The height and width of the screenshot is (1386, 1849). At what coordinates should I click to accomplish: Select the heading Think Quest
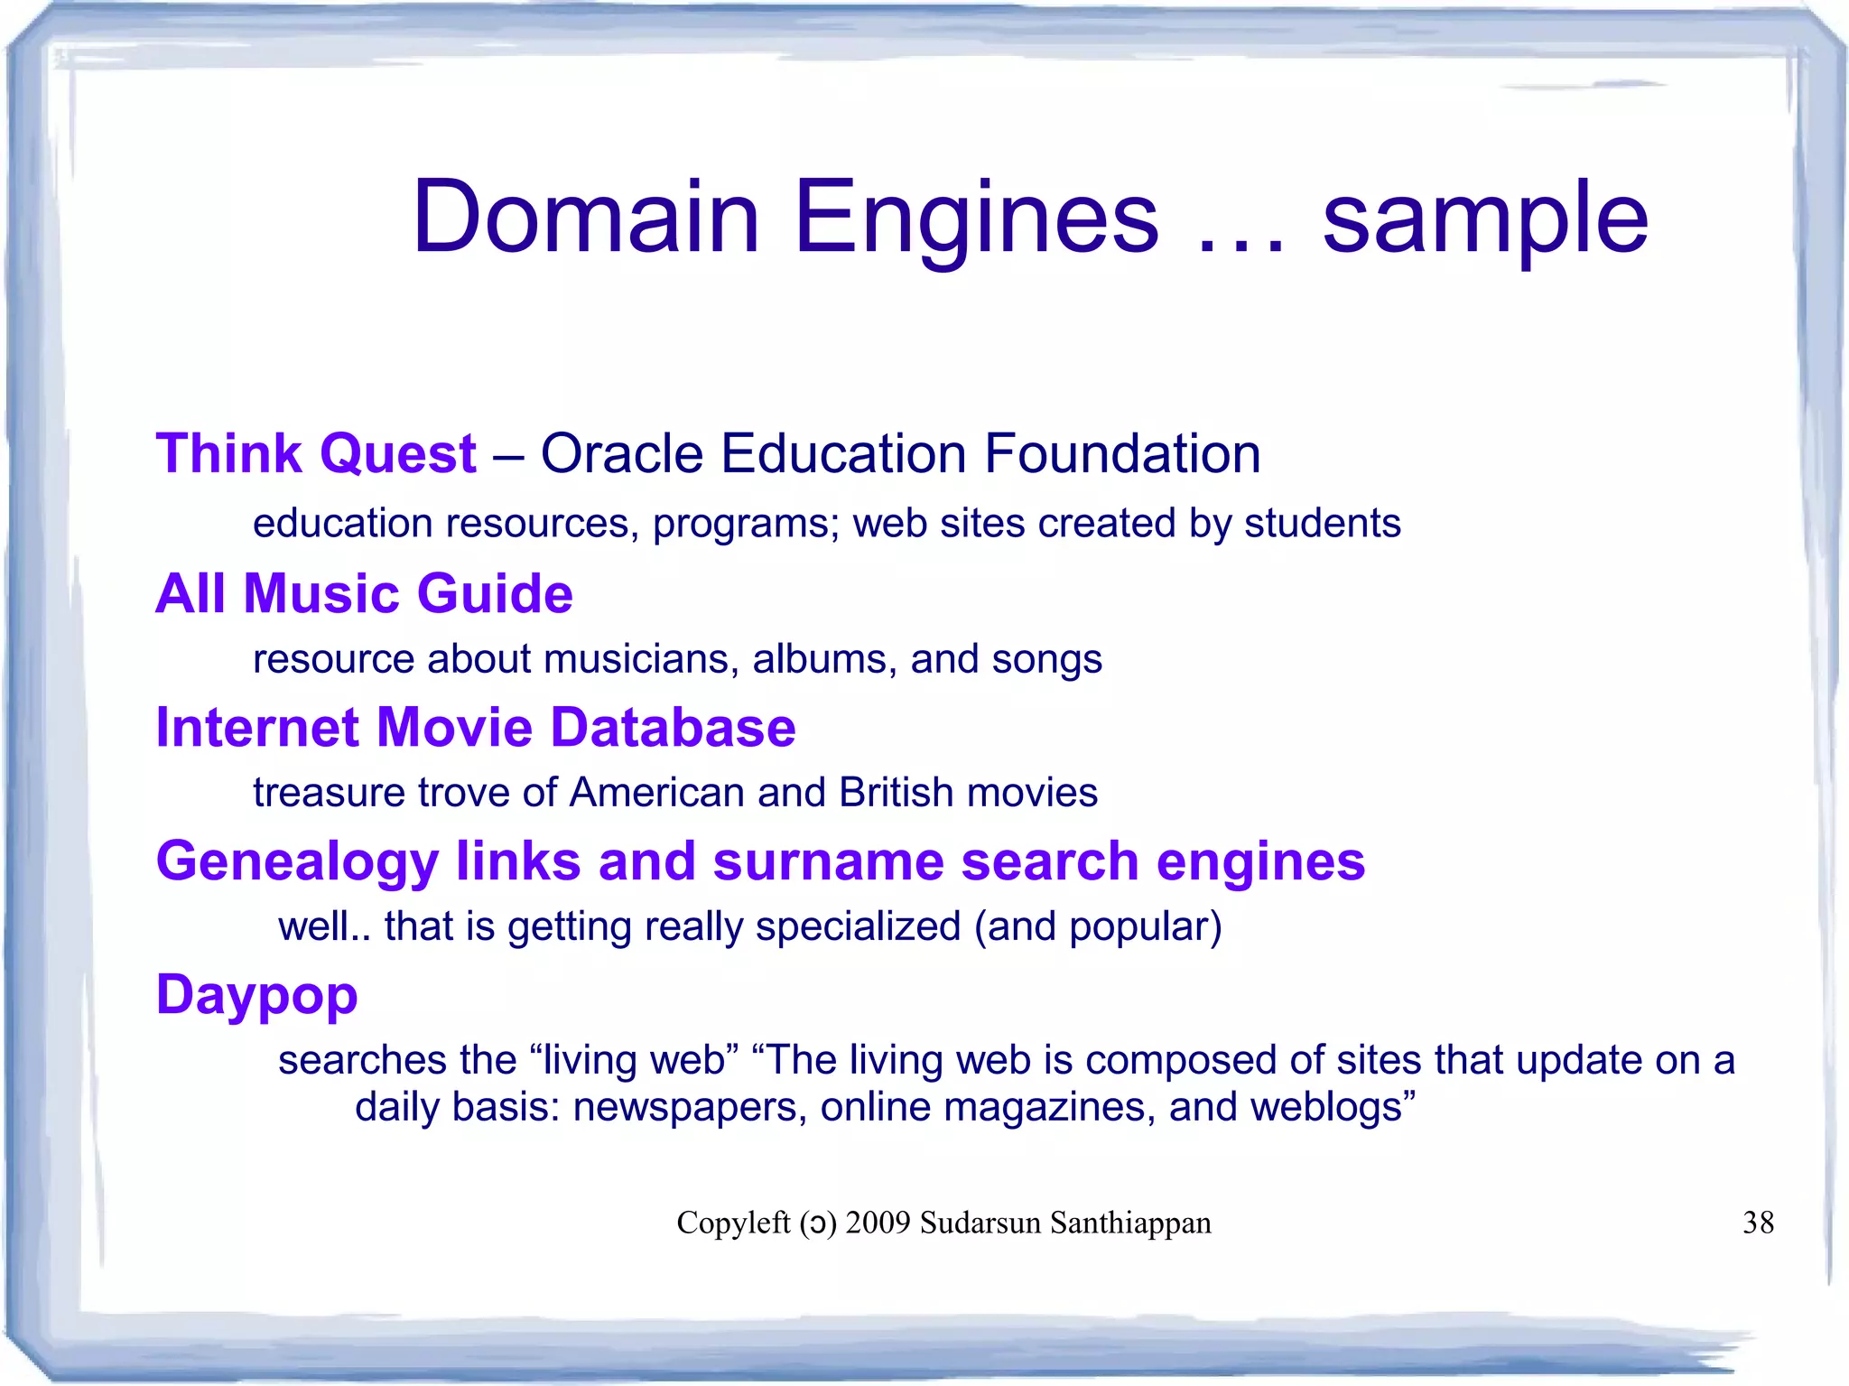tap(316, 453)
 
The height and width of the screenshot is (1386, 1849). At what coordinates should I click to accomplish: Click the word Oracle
tap(621, 453)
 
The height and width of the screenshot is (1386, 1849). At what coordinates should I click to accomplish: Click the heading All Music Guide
tap(365, 593)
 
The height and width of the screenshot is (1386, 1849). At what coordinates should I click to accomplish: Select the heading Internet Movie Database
tap(476, 728)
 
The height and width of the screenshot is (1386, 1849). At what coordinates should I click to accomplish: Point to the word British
tap(896, 793)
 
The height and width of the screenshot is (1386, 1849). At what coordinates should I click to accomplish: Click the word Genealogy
tap(297, 862)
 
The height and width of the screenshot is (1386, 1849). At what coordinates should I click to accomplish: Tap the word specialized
tap(858, 927)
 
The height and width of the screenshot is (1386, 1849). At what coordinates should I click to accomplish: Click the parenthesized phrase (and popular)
tap(1098, 927)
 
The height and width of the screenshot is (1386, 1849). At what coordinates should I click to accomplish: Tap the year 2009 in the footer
tap(878, 1223)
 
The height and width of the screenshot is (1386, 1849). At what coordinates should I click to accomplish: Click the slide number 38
tap(1758, 1223)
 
